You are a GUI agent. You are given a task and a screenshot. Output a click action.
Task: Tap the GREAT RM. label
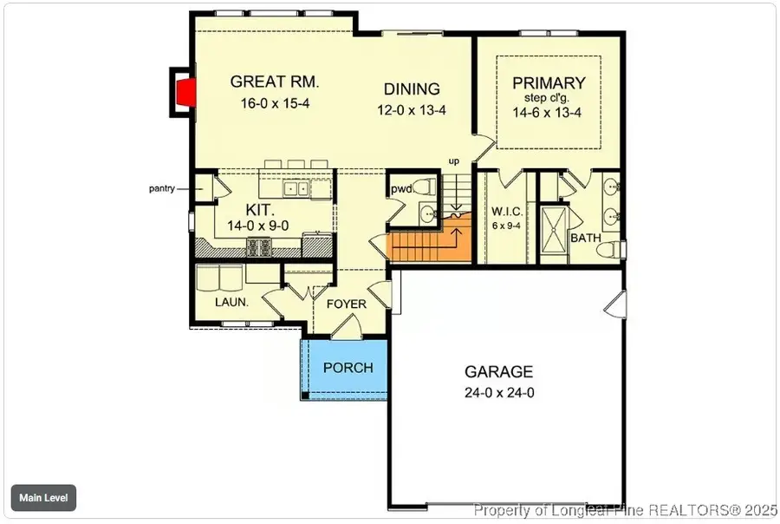(275, 83)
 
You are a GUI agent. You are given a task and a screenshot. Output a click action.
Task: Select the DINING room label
(413, 89)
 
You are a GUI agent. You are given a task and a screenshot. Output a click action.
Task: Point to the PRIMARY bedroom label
(549, 83)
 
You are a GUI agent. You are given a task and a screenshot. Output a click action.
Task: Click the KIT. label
(260, 211)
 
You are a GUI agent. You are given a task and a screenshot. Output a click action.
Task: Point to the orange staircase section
(431, 244)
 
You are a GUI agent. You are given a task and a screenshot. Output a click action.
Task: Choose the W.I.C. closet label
(505, 211)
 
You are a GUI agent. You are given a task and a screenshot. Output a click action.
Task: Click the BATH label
(584, 237)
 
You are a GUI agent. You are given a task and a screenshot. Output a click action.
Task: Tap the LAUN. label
(231, 303)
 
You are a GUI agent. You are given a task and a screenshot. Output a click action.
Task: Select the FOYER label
(346, 305)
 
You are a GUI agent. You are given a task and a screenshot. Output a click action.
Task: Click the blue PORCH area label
(348, 368)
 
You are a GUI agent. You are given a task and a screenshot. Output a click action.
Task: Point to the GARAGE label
(498, 372)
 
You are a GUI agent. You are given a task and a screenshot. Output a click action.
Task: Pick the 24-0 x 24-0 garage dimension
(498, 392)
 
